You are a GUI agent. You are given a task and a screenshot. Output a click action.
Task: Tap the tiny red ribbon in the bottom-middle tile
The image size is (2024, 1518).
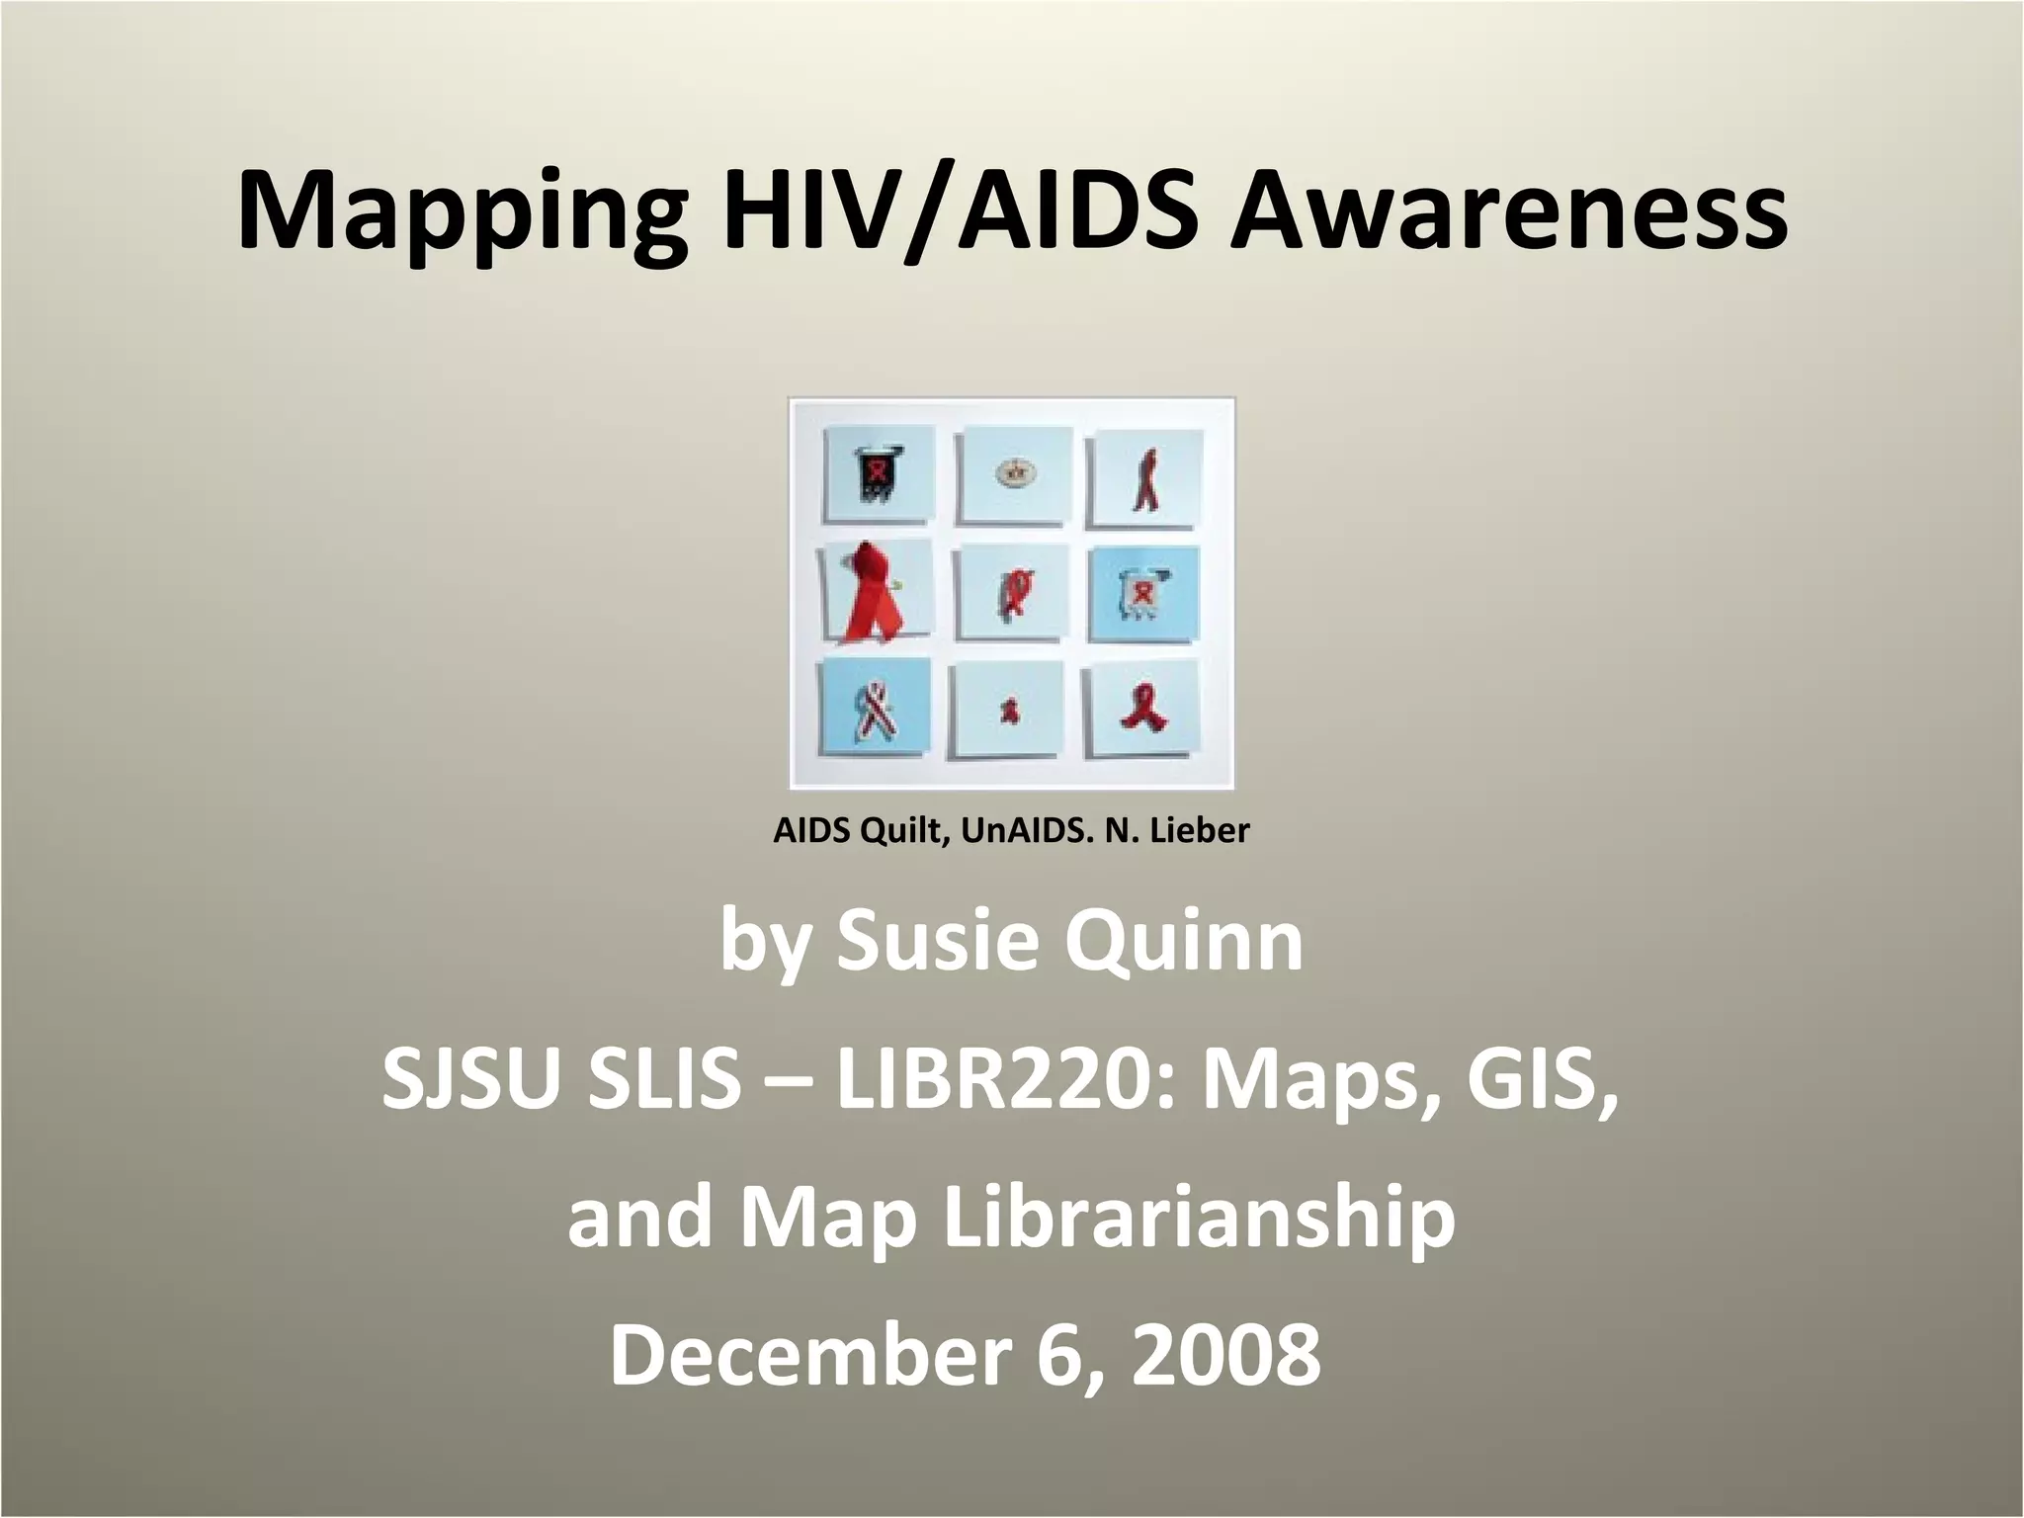coord(1009,711)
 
